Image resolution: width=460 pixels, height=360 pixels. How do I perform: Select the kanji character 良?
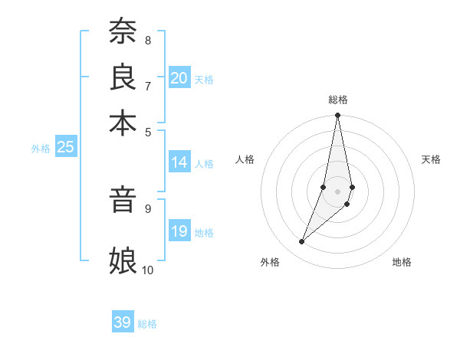[122, 77]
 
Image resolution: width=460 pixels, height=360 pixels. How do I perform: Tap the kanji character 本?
[122, 122]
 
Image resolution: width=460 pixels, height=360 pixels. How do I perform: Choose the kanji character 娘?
[122, 260]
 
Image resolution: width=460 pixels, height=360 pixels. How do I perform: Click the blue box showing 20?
[179, 78]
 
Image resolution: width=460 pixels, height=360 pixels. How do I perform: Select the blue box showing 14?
[179, 162]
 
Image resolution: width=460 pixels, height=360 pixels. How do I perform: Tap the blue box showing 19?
[179, 231]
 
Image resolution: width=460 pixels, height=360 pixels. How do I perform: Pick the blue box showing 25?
[65, 147]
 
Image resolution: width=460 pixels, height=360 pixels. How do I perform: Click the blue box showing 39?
[123, 322]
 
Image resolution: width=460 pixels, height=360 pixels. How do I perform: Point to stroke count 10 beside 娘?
[147, 270]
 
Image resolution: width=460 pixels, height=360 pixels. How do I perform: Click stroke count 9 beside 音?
[147, 208]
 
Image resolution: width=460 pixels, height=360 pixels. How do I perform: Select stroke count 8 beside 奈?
[147, 40]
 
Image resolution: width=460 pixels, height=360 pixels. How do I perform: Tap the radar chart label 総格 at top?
[338, 100]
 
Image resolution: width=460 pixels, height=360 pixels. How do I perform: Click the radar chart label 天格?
[431, 159]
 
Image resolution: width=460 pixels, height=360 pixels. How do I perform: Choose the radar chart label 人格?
[245, 159]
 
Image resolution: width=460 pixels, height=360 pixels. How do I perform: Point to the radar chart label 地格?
[402, 262]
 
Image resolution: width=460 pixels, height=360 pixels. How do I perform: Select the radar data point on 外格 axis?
[301, 242]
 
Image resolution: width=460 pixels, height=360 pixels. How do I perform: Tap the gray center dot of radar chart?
[338, 191]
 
